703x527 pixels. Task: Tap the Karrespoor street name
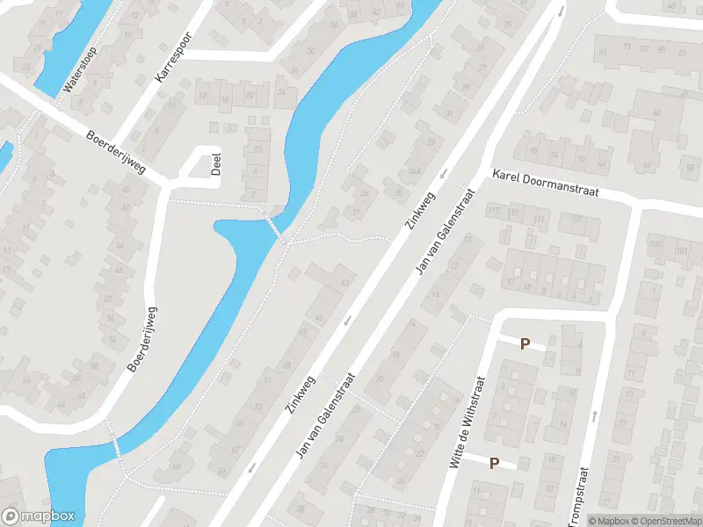pyautogui.click(x=173, y=59)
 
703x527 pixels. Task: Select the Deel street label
pyautogui.click(x=215, y=164)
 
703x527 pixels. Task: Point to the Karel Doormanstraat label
pyautogui.click(x=545, y=184)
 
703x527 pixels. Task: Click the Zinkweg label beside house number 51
pyautogui.click(x=300, y=395)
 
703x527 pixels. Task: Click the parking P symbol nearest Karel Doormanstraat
pyautogui.click(x=525, y=344)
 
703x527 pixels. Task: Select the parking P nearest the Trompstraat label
pyautogui.click(x=494, y=463)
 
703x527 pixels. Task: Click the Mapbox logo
pyautogui.click(x=39, y=516)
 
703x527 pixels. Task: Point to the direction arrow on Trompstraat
pyautogui.click(x=594, y=414)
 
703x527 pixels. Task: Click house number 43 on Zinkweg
pyautogui.click(x=344, y=282)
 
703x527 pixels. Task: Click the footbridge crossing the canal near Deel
pyautogui.click(x=273, y=225)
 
